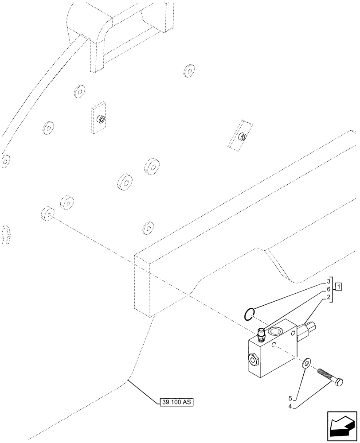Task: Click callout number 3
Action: pos(329,281)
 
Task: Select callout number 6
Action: pos(329,289)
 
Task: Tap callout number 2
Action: pos(329,297)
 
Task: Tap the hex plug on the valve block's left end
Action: pos(253,360)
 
